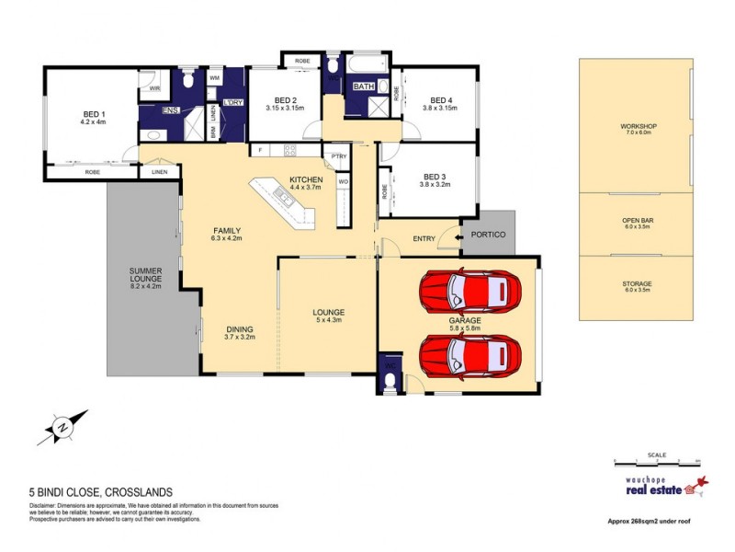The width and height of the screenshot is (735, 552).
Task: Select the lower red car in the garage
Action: point(469,354)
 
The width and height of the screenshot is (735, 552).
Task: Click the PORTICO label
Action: point(488,234)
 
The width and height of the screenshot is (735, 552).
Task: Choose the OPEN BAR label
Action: point(636,221)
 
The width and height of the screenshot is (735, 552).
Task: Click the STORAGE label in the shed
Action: point(636,283)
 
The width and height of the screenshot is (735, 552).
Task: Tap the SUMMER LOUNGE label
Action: point(146,274)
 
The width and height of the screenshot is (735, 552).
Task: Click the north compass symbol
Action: point(62,427)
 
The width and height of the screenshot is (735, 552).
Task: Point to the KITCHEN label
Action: point(306,179)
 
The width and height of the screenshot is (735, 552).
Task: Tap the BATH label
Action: point(365,86)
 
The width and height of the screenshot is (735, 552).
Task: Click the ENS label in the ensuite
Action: point(169,110)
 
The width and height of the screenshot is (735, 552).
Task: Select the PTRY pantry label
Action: point(339,156)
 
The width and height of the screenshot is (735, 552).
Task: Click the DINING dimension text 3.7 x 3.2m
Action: point(241,339)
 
